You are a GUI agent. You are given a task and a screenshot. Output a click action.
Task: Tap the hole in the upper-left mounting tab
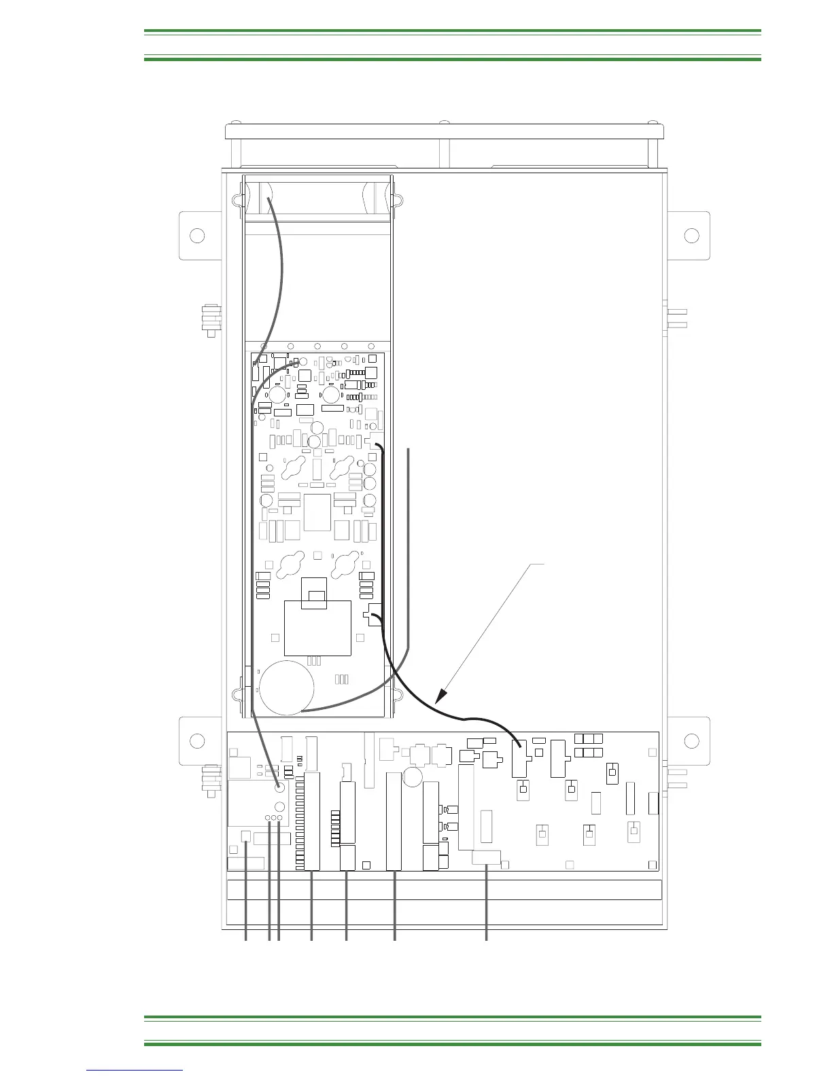[197, 236]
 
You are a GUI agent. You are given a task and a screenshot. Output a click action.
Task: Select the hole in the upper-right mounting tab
[691, 236]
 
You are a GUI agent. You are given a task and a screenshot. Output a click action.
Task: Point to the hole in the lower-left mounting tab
[197, 740]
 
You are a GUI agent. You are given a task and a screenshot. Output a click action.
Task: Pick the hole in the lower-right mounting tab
[691, 740]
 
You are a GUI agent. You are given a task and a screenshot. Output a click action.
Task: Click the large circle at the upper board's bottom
[288, 687]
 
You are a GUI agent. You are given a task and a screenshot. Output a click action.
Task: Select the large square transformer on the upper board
[317, 628]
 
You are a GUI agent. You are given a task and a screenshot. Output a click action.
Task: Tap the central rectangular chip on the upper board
[317, 512]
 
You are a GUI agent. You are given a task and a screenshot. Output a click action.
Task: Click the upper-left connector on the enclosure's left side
[209, 320]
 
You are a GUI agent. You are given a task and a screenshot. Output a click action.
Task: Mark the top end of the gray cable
[269, 198]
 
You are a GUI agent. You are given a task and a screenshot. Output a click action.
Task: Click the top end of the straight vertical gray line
[409, 449]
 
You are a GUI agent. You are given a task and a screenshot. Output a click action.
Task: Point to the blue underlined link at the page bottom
[135, 1070]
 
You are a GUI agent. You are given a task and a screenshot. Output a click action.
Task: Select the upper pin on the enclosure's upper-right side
[677, 311]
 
